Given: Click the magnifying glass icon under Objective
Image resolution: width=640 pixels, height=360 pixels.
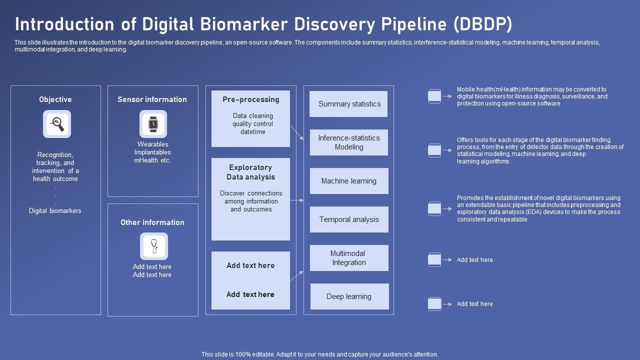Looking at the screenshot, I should tap(57, 124).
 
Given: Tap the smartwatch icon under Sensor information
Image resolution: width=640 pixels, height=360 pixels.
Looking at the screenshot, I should tap(153, 124).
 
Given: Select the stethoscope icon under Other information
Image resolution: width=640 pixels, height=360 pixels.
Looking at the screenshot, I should tap(153, 246).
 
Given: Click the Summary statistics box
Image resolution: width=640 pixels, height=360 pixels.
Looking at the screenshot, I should tap(348, 104).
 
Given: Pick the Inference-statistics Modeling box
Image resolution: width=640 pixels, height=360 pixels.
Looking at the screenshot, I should tap(348, 142).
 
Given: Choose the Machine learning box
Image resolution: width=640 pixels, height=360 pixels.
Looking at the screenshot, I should tap(348, 181).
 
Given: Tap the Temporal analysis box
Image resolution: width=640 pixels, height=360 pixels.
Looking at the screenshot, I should tap(348, 219).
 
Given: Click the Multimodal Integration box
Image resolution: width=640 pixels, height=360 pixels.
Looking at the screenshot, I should tap(348, 258).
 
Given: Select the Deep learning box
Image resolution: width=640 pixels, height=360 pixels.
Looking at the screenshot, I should tap(349, 296).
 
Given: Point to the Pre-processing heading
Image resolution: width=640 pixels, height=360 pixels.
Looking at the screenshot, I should tap(250, 99).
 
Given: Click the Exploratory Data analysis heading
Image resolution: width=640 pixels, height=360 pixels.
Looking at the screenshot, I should tap(250, 172).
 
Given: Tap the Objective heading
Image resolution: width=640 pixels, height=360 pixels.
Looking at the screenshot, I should tap(55, 99).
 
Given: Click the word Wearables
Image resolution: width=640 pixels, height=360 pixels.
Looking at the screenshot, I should tap(152, 144).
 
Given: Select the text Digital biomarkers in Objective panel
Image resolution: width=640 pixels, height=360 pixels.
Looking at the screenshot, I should tap(55, 210).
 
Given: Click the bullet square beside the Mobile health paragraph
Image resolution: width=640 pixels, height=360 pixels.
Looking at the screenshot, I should tap(434, 96).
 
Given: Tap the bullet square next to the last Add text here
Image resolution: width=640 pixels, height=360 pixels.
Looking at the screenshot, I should tap(434, 303).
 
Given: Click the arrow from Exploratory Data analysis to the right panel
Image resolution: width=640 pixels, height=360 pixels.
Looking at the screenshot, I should tap(296, 200).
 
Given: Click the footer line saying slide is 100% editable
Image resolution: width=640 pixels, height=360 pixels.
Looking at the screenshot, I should tap(319, 354).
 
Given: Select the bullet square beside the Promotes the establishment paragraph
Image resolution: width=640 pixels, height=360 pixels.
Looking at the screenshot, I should tap(434, 208).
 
